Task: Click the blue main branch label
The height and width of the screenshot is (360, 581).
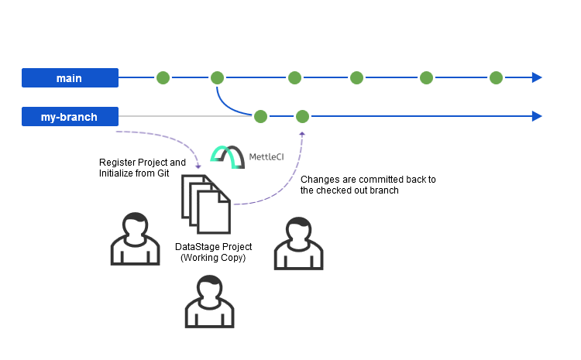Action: [x=70, y=77]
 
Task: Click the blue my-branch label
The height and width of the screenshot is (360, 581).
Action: [x=70, y=117]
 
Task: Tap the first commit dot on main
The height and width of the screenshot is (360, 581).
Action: [x=163, y=77]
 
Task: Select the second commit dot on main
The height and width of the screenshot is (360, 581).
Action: [x=217, y=77]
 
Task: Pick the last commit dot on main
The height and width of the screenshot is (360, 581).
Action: [x=496, y=77]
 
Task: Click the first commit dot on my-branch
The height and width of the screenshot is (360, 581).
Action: [x=260, y=116]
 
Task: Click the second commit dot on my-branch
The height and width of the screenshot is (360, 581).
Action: [x=302, y=116]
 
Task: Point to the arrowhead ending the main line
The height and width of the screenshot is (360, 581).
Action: [x=536, y=77]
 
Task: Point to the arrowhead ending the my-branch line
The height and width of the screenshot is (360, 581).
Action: [x=536, y=116]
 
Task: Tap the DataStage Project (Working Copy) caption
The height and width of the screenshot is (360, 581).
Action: [x=213, y=252]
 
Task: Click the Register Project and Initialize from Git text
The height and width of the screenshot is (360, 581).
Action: [x=143, y=168]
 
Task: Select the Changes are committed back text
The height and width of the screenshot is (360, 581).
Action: [x=367, y=184]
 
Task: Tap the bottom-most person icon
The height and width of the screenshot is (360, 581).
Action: [x=209, y=303]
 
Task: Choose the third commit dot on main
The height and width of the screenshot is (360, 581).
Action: [x=294, y=77]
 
